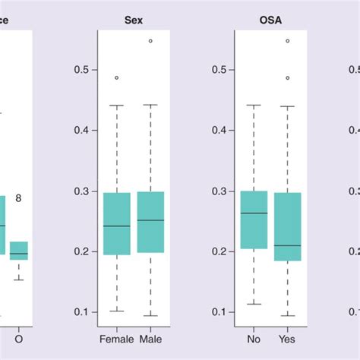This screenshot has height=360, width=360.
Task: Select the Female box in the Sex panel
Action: (116, 223)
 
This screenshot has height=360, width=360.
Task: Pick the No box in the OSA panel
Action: (254, 219)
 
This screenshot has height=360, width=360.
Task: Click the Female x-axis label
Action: (116, 336)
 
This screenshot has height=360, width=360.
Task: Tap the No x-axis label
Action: (254, 336)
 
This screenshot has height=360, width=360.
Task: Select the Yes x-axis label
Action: (287, 336)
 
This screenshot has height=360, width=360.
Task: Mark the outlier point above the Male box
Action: (150, 41)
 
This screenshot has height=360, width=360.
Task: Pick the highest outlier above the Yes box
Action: (287, 41)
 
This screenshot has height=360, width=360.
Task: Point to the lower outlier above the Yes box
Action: (287, 77)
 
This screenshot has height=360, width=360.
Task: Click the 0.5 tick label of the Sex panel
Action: (81, 70)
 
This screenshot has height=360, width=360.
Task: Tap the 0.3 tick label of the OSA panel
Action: (219, 191)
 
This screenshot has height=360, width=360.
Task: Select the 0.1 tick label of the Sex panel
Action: (81, 312)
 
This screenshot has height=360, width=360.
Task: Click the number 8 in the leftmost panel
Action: (18, 198)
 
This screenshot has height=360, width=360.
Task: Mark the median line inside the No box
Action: (254, 213)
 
